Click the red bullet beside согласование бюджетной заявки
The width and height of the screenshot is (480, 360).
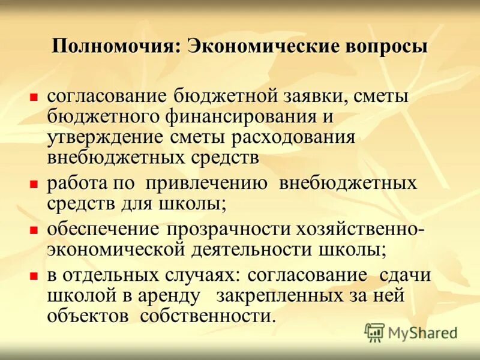point(34,96)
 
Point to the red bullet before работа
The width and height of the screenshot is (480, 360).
point(34,183)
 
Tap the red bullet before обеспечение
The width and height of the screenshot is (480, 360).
point(34,230)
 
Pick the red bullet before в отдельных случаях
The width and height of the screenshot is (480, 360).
point(34,276)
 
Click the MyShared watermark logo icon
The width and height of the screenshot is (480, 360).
point(374,332)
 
